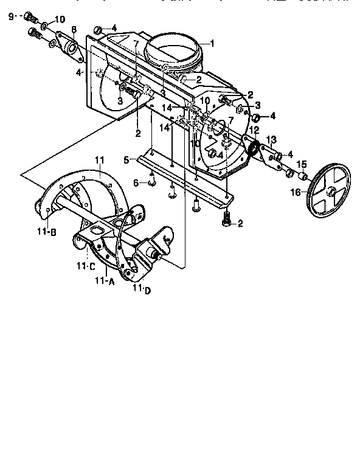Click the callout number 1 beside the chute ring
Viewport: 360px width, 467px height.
click(x=212, y=43)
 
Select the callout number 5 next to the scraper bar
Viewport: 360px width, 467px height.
click(x=126, y=160)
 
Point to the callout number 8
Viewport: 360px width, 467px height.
click(x=74, y=30)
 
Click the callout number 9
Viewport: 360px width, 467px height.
click(x=11, y=15)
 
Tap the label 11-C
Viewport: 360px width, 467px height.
click(x=85, y=266)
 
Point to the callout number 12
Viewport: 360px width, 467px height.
click(x=255, y=130)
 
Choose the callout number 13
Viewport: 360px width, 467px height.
click(x=271, y=139)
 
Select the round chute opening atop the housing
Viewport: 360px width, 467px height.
click(x=176, y=50)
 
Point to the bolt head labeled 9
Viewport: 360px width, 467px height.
click(x=29, y=17)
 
